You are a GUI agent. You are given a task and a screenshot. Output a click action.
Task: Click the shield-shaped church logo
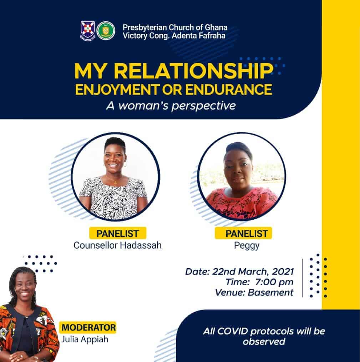(x=88, y=31)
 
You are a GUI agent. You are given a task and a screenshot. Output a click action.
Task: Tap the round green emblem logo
(x=106, y=31)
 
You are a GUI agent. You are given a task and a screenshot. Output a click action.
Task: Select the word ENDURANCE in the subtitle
(x=229, y=90)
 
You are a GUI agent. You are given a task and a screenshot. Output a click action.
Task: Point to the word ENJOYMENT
(x=117, y=90)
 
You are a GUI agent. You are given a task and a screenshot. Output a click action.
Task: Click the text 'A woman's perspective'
(x=171, y=106)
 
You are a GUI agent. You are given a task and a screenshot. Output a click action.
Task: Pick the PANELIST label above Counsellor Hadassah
(x=117, y=233)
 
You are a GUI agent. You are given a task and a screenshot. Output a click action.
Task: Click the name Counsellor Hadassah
(x=117, y=245)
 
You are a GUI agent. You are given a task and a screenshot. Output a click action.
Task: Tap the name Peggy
(x=247, y=246)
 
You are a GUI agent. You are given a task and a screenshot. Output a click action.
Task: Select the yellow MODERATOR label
(x=89, y=327)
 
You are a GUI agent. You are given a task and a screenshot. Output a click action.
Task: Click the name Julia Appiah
(x=85, y=340)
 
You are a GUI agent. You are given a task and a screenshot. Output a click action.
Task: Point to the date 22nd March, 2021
(x=253, y=272)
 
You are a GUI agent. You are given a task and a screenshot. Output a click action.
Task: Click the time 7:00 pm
(x=274, y=282)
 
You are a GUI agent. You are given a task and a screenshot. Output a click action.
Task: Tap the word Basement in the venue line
(x=270, y=292)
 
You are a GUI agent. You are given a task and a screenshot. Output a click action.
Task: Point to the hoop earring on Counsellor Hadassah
(x=125, y=165)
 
